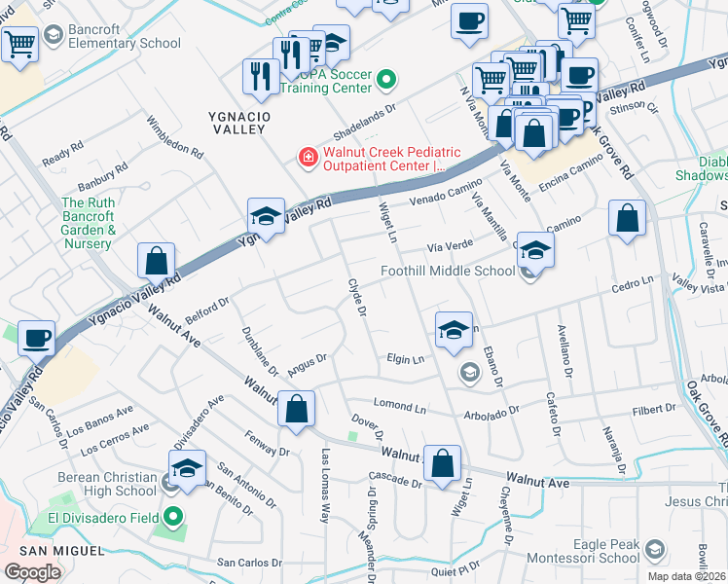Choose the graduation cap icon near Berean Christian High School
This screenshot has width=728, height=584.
[x=188, y=465]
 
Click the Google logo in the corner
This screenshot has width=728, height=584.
[x=32, y=571]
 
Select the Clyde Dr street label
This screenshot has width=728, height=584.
[x=356, y=298]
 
